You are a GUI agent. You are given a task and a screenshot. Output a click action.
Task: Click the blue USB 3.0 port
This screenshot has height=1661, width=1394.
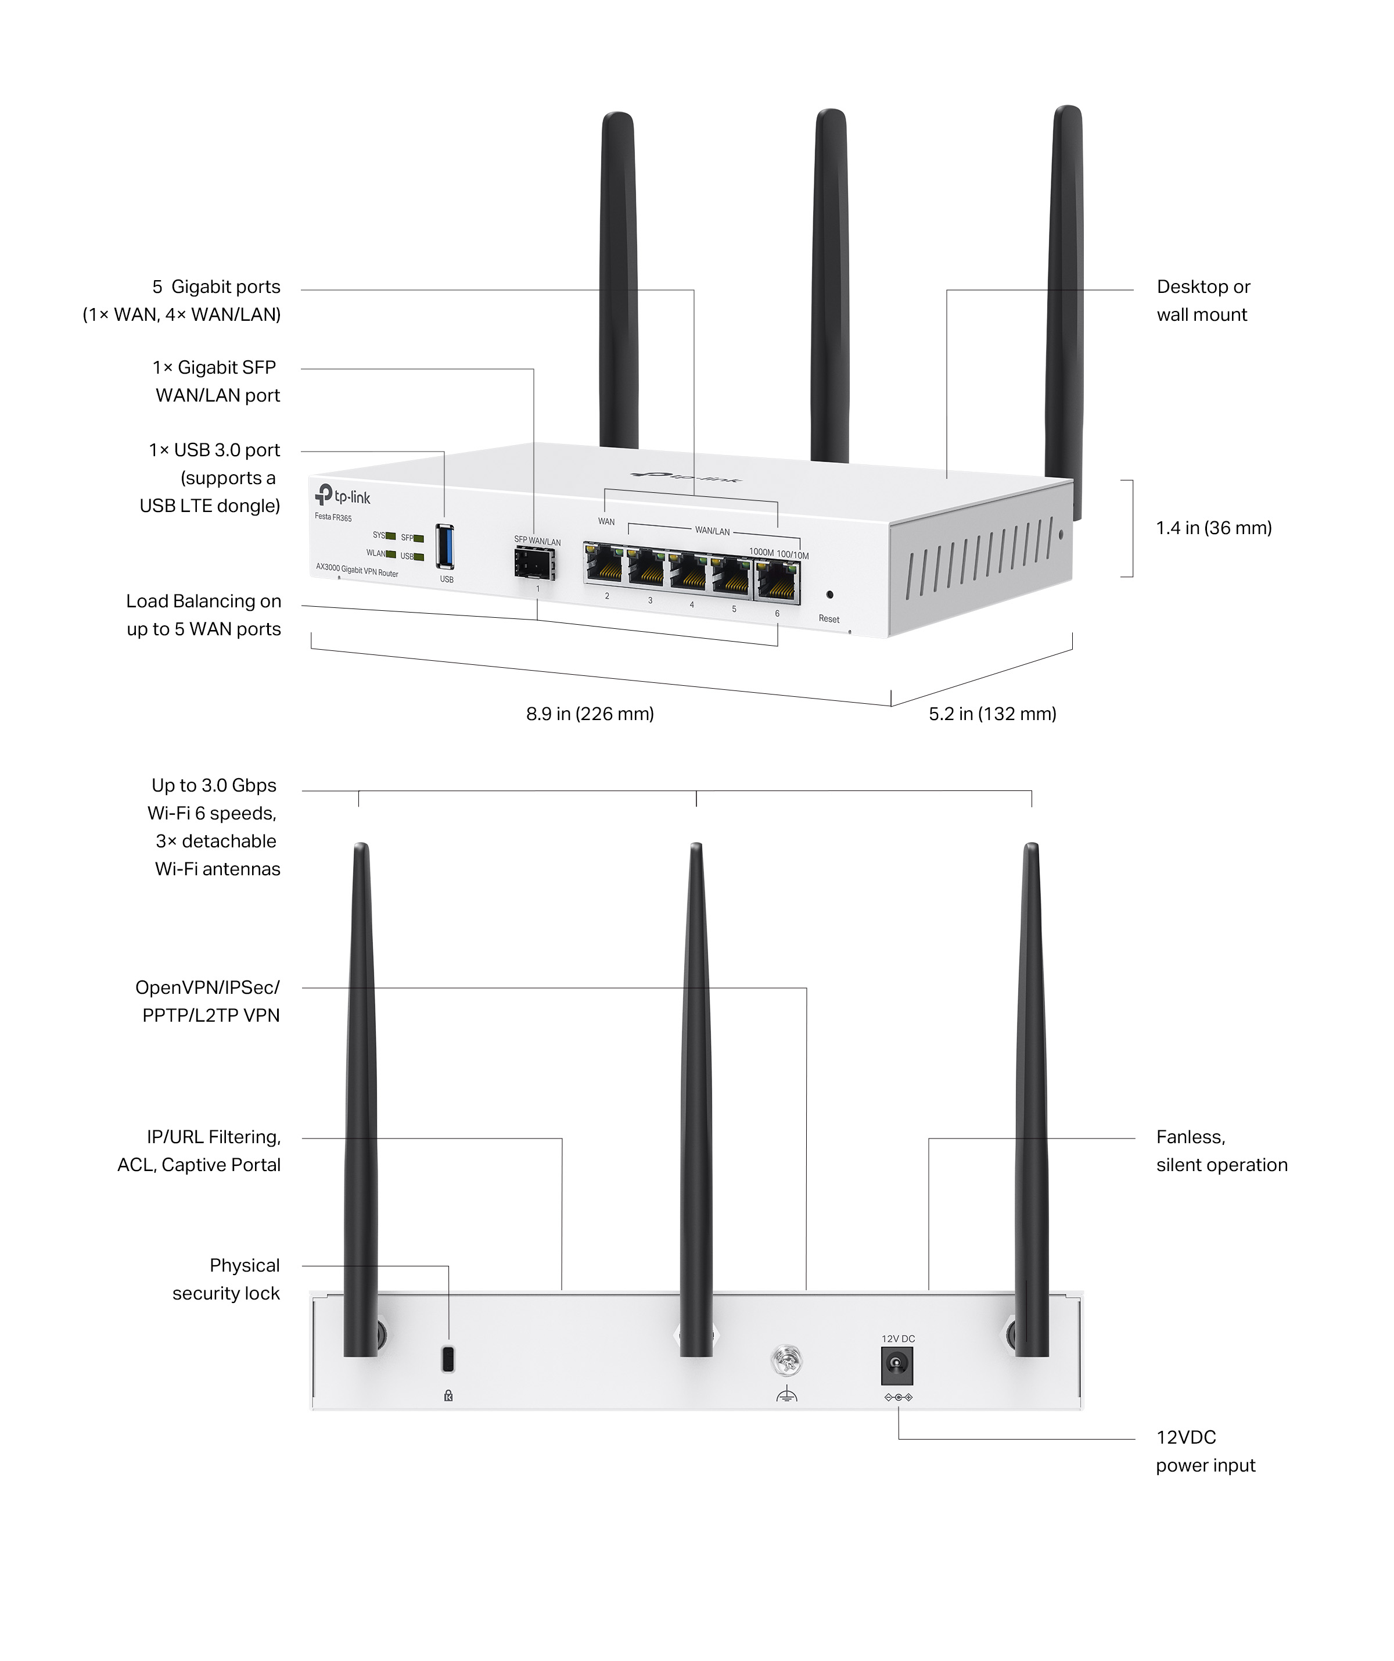coord(445,546)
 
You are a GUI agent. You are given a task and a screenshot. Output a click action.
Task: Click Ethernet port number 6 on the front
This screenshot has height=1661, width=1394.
coord(777,582)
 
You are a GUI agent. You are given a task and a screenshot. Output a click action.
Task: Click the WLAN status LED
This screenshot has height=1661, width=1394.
coord(390,554)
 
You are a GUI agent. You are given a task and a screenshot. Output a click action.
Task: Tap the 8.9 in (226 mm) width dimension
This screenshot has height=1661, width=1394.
coord(590,714)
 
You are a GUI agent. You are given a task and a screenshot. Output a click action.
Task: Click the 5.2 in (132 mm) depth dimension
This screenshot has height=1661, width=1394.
coord(992,714)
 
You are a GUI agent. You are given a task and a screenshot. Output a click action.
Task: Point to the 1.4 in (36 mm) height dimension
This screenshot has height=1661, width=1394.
coord(1214,528)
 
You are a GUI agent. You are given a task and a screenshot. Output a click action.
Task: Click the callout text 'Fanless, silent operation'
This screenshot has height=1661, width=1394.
coord(1221,1151)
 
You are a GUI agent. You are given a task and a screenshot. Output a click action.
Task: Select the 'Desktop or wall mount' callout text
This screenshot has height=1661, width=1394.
coord(1203,300)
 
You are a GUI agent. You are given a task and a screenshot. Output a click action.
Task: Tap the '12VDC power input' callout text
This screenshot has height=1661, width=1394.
coord(1205,1451)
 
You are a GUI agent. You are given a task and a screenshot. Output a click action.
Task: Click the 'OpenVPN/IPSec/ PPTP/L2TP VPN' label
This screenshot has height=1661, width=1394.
coord(208,1001)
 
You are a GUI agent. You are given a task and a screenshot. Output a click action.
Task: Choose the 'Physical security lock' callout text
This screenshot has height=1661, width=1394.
coord(227,1279)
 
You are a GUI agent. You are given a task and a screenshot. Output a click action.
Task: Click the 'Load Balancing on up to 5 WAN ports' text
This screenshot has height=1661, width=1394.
coord(204,615)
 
